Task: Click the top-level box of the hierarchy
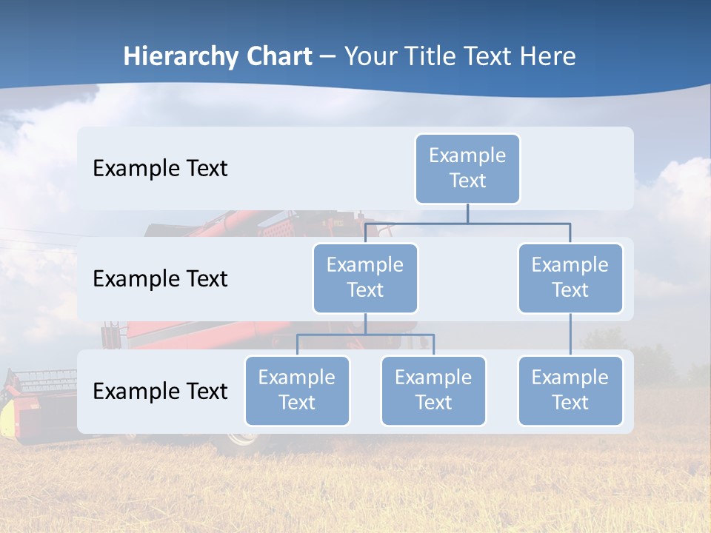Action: tap(467, 169)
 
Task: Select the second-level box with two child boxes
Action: tap(365, 278)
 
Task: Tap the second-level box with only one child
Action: tap(570, 278)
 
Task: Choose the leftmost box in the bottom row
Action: tap(297, 391)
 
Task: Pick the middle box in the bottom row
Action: tap(433, 391)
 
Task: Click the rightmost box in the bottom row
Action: tap(570, 391)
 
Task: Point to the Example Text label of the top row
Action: tap(160, 169)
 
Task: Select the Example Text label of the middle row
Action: tap(160, 279)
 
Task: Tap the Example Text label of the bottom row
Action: tap(160, 391)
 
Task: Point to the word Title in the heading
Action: tap(430, 57)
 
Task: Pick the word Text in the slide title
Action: tap(490, 57)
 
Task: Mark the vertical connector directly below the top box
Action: tap(467, 213)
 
